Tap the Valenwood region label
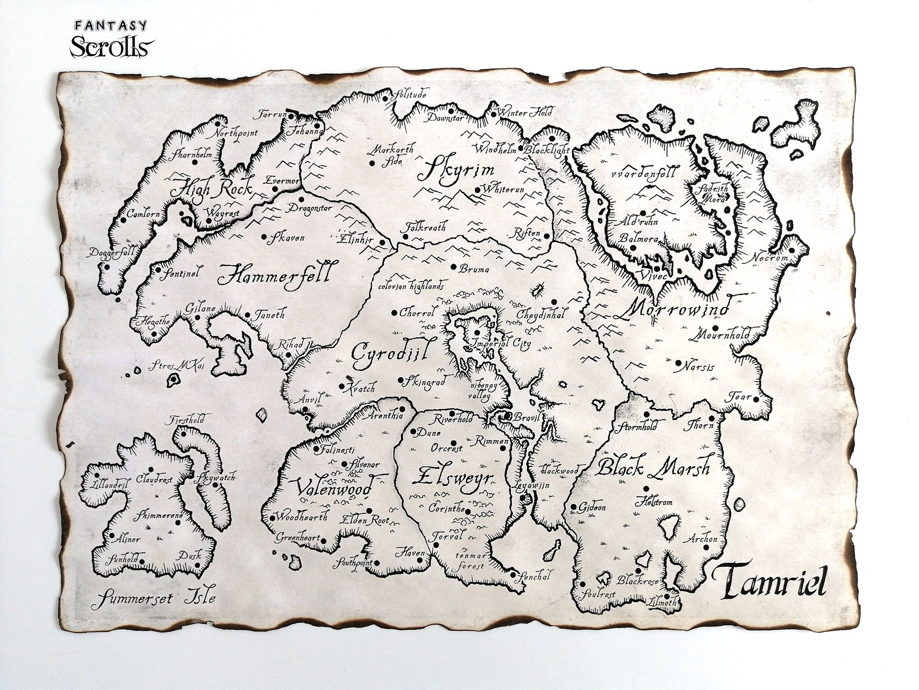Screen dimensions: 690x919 tap(333, 488)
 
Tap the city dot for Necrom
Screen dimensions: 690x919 tap(792, 250)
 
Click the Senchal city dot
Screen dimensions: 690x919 tap(513, 574)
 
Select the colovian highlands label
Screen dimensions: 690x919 tap(411, 286)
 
